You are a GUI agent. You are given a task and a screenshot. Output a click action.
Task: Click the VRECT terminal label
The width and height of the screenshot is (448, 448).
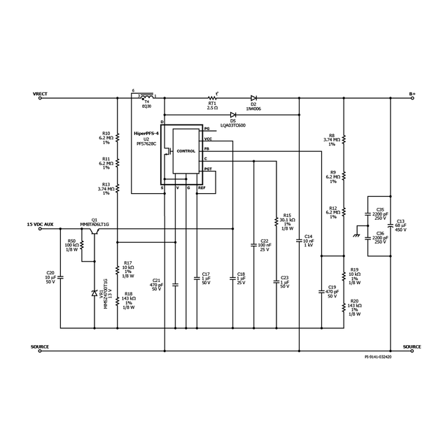tap(40, 93)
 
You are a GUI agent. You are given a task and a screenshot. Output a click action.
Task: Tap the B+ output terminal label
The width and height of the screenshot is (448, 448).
tap(412, 93)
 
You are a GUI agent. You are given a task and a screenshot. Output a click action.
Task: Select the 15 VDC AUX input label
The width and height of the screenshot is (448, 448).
tap(40, 224)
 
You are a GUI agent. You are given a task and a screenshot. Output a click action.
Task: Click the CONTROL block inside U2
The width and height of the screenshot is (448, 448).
tap(185, 151)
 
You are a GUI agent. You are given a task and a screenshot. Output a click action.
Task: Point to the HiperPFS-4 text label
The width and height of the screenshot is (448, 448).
tap(146, 133)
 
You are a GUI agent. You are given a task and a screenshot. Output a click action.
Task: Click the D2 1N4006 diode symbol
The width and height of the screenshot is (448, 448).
tap(253, 99)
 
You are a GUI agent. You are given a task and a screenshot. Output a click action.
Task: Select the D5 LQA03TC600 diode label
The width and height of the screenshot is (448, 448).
tap(233, 123)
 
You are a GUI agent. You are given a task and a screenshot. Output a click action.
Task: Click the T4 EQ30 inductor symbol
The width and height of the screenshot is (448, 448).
tap(147, 94)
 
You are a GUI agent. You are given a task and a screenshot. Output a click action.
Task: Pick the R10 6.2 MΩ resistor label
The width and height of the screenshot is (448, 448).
tap(106, 137)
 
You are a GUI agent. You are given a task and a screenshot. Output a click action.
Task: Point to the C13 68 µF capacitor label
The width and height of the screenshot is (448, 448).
tap(400, 225)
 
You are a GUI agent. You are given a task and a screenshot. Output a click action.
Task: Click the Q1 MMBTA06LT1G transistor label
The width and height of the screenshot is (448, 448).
tap(94, 222)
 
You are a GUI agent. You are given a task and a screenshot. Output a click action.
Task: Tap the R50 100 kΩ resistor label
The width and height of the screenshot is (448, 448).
tap(71, 245)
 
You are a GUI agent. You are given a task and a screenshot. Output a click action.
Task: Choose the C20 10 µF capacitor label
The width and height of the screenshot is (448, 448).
tap(50, 276)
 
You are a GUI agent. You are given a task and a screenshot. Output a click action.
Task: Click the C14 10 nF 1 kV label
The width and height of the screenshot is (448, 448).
tap(309, 241)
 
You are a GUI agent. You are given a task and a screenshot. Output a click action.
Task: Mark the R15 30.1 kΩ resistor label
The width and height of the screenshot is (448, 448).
tap(287, 221)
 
